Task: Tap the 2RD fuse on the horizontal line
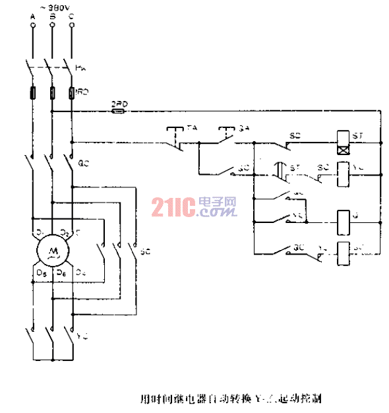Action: (119, 111)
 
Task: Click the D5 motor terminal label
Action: (41, 272)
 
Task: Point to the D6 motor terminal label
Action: (61, 272)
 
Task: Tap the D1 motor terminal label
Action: (40, 232)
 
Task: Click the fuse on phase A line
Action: (32, 92)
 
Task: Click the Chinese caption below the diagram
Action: (231, 398)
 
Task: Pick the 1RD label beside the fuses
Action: (83, 92)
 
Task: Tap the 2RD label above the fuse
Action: (119, 104)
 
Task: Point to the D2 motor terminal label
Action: (64, 232)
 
